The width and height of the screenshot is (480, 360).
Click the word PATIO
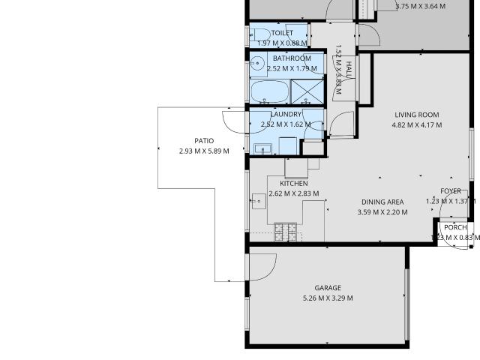click(x=204, y=140)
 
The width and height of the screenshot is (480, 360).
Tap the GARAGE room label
click(x=328, y=288)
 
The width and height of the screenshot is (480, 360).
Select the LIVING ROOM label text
click(x=416, y=115)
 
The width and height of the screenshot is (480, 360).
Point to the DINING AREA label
click(x=382, y=202)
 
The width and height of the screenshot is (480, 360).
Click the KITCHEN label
click(x=294, y=183)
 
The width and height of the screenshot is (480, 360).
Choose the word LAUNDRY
click(x=286, y=114)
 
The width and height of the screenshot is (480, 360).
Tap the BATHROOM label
click(x=292, y=58)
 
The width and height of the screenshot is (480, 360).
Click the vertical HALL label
click(x=349, y=70)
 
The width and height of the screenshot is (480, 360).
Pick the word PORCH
click(x=455, y=227)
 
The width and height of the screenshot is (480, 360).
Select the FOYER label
click(x=451, y=190)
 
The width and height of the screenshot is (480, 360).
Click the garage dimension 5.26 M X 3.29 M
click(x=328, y=298)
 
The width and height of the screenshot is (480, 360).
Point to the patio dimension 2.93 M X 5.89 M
click(x=204, y=151)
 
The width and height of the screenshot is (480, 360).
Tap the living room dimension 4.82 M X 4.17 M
click(x=416, y=125)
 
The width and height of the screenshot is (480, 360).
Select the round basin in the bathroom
click(x=257, y=64)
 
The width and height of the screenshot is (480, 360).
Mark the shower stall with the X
click(x=307, y=92)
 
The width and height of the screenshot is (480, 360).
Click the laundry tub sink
click(x=262, y=148)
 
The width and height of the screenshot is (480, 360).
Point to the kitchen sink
click(x=259, y=199)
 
